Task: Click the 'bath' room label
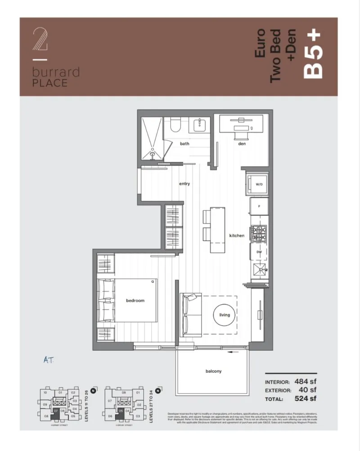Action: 184,144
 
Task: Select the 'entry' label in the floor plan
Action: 184,183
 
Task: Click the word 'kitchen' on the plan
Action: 237,236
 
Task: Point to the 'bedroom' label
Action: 135,300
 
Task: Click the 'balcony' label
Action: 213,371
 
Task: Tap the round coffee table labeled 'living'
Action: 224,315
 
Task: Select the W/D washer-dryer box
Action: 259,185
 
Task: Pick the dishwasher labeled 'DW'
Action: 259,253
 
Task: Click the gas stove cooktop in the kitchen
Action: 260,232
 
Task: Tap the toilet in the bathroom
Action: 173,125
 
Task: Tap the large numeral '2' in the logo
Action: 40,41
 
